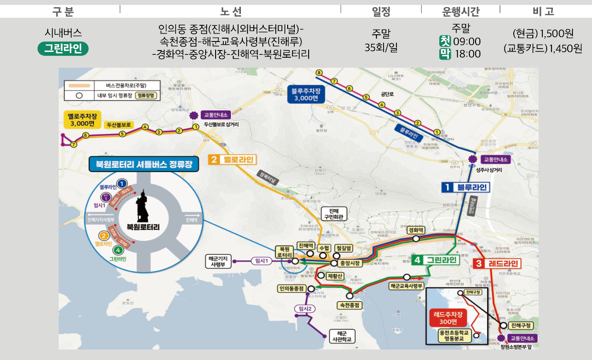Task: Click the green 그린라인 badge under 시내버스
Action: coord(63,48)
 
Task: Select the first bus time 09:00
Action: coord(467,41)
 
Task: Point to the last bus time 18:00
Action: coord(467,54)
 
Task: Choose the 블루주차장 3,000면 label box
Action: coord(306,94)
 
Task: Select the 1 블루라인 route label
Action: coord(466,187)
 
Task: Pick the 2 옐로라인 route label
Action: coord(232,159)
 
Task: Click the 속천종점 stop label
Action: coord(349,305)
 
